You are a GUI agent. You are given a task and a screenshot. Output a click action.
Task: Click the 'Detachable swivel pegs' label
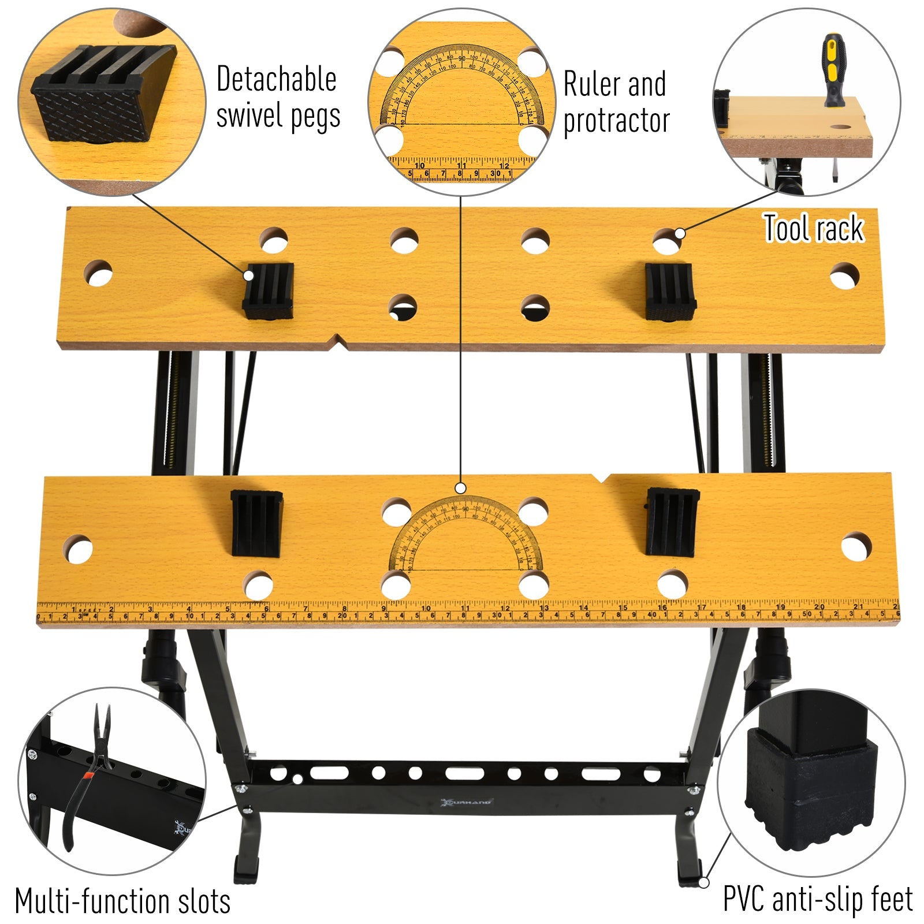277,97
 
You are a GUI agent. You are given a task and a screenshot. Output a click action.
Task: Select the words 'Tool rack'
813,228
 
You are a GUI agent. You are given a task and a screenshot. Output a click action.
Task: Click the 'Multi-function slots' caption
122,901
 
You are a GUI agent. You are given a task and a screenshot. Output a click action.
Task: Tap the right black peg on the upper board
669,292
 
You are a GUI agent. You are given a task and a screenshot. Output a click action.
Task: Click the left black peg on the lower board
256,523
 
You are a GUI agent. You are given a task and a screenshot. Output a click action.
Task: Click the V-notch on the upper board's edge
338,342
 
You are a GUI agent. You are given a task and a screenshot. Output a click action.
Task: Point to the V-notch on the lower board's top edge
601,478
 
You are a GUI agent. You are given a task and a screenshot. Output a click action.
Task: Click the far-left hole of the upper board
98,272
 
